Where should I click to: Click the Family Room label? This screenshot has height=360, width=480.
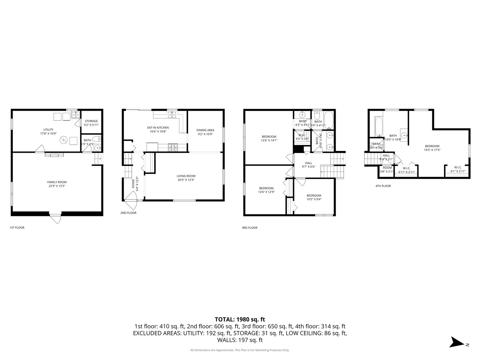(x=57, y=184)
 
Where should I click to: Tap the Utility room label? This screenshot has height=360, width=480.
(x=48, y=132)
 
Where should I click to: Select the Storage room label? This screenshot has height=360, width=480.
(x=91, y=123)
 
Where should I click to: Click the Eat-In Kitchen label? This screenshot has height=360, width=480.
(x=158, y=129)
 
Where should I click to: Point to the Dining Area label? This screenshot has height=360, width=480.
(x=205, y=132)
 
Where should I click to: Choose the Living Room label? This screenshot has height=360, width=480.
(x=186, y=178)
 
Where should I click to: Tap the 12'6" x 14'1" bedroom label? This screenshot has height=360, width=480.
(x=269, y=138)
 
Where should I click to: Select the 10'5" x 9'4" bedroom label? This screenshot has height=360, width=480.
(x=314, y=197)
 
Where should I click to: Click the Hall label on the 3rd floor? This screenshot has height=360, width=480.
(x=309, y=165)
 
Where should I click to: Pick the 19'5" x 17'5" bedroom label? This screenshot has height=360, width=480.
(x=432, y=148)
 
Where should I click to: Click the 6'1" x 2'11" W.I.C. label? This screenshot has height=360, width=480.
(x=458, y=169)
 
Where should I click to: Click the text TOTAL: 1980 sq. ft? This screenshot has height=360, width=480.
(x=240, y=319)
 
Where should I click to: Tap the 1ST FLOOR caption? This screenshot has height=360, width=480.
(x=17, y=228)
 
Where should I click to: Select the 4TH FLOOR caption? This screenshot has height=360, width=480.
(x=383, y=186)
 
